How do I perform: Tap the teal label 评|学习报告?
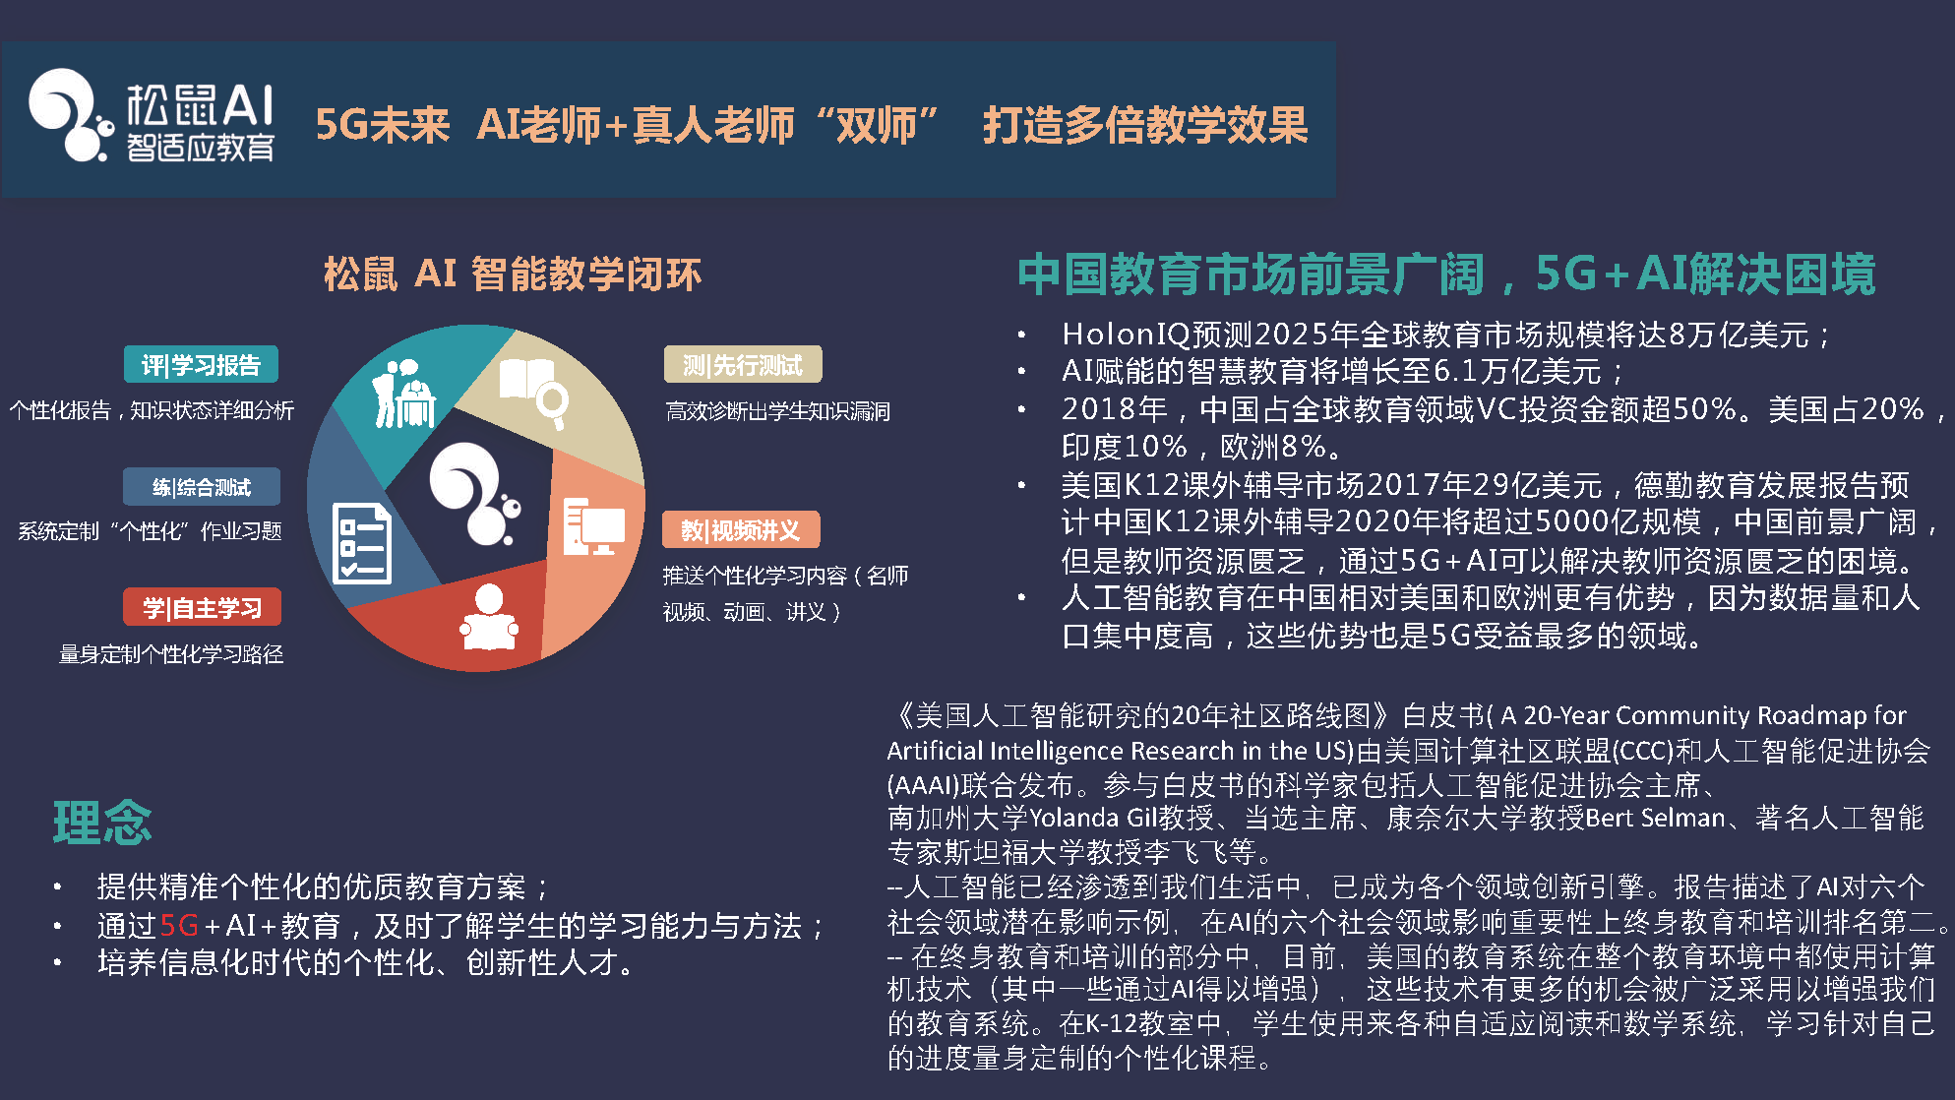point(201,365)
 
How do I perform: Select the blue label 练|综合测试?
point(202,487)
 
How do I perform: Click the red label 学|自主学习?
point(202,608)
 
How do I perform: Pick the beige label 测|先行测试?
point(743,365)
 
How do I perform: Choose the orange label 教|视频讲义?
point(741,530)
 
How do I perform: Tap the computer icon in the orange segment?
point(593,526)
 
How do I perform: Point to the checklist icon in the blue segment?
point(361,543)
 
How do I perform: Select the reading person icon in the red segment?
point(489,618)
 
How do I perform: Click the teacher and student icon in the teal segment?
point(403,395)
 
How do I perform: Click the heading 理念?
point(102,823)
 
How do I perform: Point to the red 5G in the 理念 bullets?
point(179,926)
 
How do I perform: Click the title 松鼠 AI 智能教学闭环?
point(513,274)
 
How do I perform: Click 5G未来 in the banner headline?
point(382,125)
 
